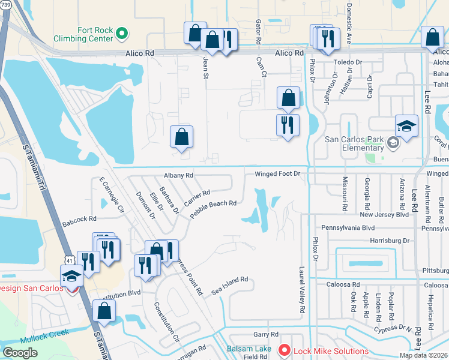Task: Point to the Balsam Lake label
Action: click(x=248, y=349)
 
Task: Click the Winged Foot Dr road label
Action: click(x=277, y=174)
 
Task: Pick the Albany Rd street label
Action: click(x=178, y=175)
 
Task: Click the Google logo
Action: click(x=20, y=352)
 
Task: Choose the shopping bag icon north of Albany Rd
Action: click(x=181, y=137)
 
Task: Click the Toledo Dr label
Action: click(x=348, y=62)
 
